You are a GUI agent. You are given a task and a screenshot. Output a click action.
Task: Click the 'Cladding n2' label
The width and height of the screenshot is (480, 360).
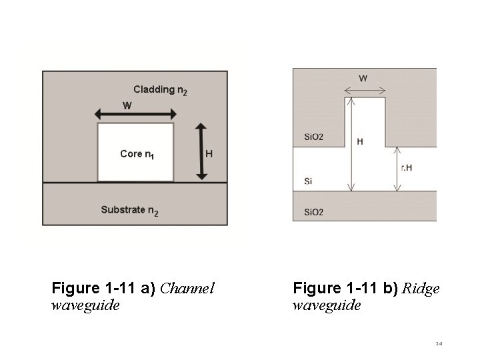tap(160, 89)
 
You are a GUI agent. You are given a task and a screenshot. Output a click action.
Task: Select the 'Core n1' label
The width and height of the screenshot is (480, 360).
tap(137, 154)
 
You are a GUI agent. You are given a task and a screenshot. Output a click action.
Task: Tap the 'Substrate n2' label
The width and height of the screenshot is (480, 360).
tap(129, 210)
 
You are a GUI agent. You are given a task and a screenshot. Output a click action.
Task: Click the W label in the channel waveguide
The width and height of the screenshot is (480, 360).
tap(127, 105)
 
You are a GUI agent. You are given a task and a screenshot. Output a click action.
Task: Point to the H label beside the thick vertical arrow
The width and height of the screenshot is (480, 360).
tap(209, 153)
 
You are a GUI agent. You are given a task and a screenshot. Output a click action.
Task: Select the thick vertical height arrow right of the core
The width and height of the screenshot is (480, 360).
tap(202, 151)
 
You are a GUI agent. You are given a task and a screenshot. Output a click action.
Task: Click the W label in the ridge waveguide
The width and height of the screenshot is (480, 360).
tap(363, 78)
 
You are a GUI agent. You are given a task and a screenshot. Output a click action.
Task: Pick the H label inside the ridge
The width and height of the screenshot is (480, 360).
tap(360, 141)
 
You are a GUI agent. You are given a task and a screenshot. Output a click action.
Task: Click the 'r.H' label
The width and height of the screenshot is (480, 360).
tap(406, 168)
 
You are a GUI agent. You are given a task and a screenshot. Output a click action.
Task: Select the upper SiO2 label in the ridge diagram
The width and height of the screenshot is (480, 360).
tap(313, 137)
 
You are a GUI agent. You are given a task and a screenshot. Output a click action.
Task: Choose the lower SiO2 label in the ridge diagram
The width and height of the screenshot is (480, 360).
tap(313, 212)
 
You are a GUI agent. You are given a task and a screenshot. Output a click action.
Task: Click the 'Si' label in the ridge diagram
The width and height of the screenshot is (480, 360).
tap(307, 181)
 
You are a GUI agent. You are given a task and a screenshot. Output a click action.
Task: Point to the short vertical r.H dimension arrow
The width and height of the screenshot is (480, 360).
tap(398, 169)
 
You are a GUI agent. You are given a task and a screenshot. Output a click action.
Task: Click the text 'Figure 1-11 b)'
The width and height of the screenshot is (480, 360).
tap(345, 289)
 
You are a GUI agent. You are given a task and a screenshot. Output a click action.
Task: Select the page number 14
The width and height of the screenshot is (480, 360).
tap(439, 344)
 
